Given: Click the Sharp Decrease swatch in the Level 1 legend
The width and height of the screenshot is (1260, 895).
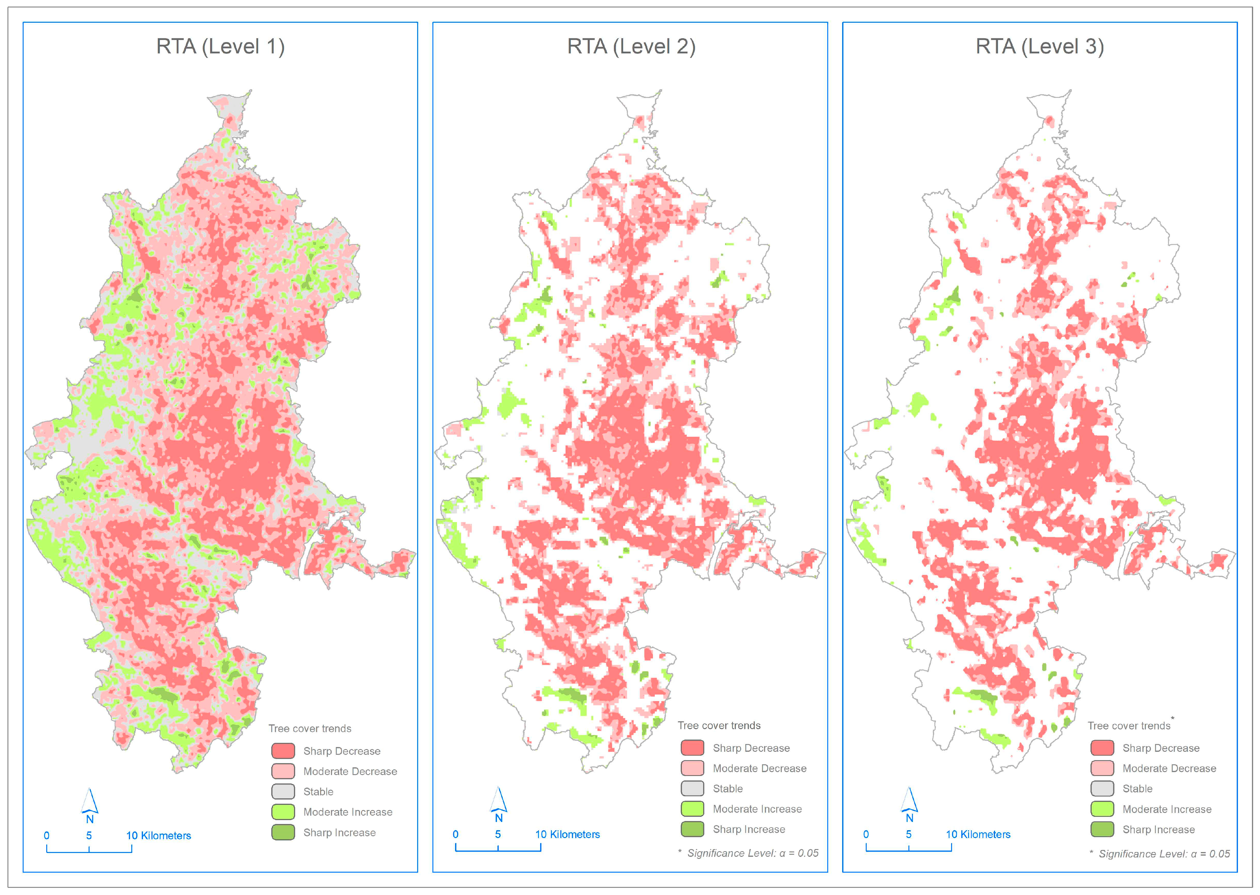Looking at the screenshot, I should tap(283, 751).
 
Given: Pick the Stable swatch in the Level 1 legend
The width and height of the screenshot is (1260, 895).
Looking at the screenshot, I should tap(283, 791).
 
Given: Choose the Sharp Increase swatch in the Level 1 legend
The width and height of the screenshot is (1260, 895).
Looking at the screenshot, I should tap(283, 832).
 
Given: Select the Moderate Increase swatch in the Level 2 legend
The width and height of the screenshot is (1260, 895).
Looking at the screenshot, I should tap(692, 808).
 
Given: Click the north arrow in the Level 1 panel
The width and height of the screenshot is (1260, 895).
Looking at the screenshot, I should tap(90, 805).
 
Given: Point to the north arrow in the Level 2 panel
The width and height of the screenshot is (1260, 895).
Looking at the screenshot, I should tap(499, 803).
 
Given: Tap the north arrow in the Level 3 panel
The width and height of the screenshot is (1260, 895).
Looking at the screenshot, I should tap(909, 803).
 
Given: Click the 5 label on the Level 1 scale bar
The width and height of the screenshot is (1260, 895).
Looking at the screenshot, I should tap(89, 835).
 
